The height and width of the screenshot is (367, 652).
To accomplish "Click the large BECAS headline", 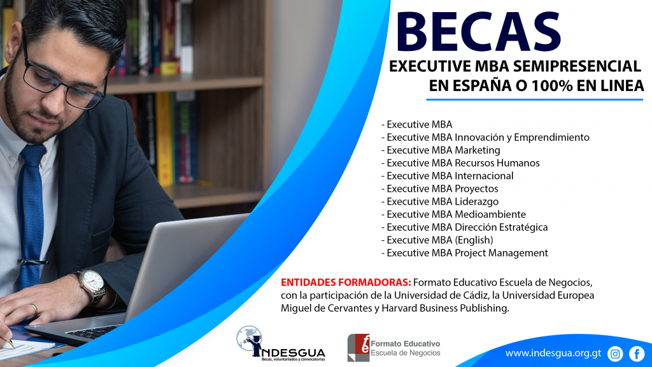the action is point(479,32).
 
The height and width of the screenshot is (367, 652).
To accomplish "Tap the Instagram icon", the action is point(615,354).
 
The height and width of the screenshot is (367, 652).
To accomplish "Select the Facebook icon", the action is point(637,354).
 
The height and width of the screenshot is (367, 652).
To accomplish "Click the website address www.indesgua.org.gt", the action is point(553,354).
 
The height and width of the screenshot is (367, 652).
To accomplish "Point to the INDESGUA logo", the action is point(281,343).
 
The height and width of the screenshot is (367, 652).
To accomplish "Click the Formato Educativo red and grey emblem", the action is point(358,347).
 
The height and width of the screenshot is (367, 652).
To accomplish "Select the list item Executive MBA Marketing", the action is point(441,150).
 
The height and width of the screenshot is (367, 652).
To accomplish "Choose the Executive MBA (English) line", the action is point(437,240).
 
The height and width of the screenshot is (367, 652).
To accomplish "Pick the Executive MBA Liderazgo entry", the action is point(440,201).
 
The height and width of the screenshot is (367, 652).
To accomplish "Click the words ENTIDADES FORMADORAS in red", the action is point(346,282).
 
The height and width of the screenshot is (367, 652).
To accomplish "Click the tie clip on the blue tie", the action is point(32,262).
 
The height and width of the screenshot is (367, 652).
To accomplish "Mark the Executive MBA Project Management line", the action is point(464,253).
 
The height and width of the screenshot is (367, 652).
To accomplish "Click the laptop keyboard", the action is point(94,331).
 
